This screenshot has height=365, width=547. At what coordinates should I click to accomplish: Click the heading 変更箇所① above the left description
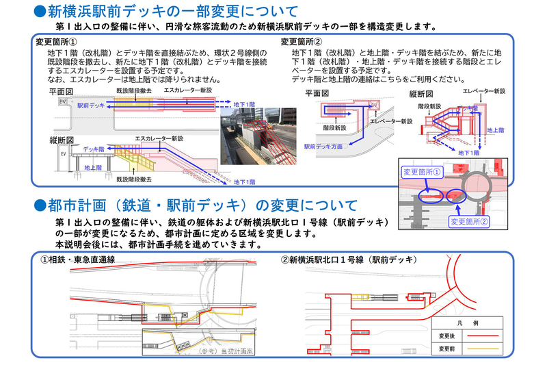point(58,42)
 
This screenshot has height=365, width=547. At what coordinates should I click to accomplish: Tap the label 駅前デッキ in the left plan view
point(91,106)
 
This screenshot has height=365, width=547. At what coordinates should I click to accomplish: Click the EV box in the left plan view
point(64,101)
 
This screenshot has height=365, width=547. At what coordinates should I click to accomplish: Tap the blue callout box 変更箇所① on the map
point(423,171)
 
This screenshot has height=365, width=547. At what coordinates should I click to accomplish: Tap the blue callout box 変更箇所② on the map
point(470,221)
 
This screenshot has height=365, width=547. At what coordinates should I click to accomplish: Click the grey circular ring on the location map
point(475,186)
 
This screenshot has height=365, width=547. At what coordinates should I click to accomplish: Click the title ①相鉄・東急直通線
point(77,260)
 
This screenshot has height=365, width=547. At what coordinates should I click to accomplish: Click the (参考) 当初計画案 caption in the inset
point(222,351)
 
